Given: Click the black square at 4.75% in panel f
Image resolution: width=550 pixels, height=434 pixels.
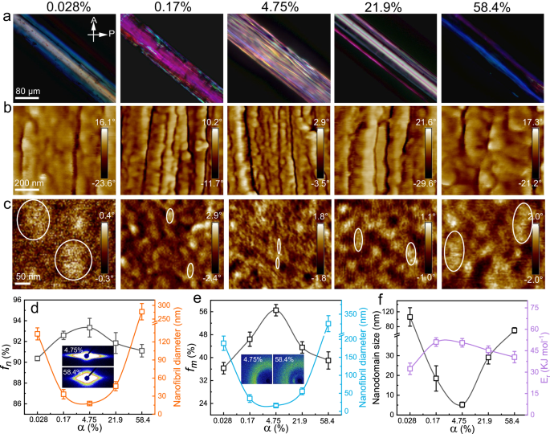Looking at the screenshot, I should [x=462, y=405].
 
